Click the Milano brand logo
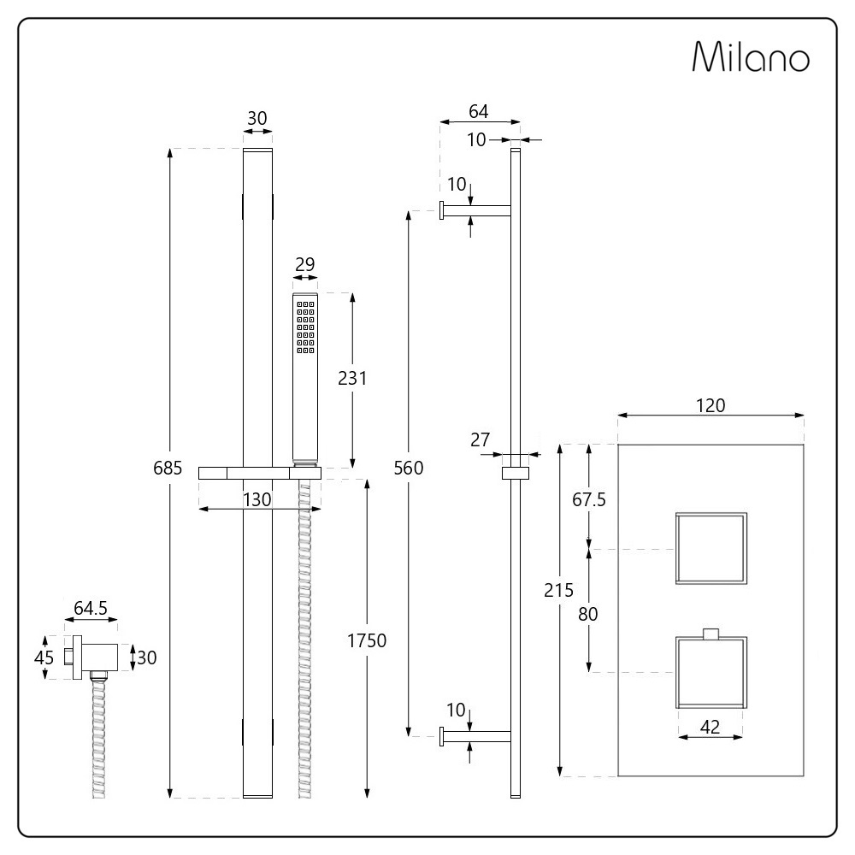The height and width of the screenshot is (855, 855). point(751,56)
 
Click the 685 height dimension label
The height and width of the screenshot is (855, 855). point(168,468)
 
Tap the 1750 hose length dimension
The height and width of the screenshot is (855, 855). point(367,640)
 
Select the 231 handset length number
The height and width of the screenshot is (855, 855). point(352,378)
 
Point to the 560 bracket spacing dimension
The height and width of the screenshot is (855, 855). point(409,468)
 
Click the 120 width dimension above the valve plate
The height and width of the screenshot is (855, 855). point(711,405)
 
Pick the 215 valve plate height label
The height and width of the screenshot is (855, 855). point(558,590)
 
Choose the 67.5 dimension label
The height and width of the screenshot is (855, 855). point(589,499)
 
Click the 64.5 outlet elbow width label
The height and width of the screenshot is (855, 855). point(91,608)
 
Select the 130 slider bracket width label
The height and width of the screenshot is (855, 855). point(256,499)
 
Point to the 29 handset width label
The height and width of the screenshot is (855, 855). point(305,264)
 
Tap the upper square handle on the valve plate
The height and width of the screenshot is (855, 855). point(711,548)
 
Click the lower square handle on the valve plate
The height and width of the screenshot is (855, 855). point(711,672)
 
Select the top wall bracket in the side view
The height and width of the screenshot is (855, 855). point(475,210)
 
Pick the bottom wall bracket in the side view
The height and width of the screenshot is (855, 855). point(475,736)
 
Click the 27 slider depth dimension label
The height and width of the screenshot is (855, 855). point(481,439)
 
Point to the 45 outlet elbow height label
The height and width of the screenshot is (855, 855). point(44,657)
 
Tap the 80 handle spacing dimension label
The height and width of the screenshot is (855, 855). point(588,614)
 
